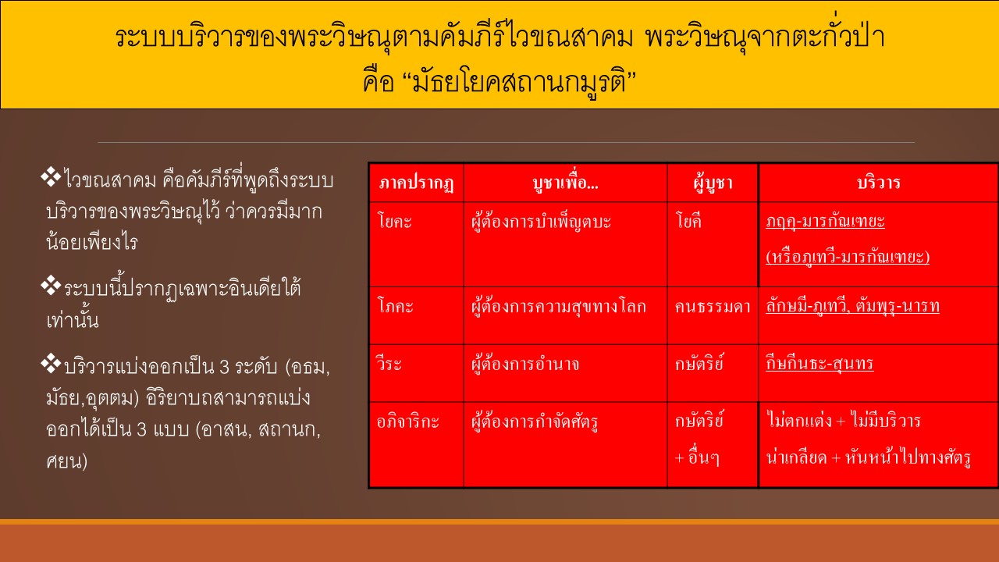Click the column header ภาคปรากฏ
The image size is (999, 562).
[416, 183]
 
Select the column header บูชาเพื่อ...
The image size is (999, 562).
[565, 183]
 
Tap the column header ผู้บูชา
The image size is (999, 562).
[713, 183]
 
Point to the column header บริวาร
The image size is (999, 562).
[879, 182]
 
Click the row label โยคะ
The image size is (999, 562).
[394, 221]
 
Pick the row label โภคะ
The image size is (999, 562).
[395, 306]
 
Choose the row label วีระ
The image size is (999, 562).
[389, 363]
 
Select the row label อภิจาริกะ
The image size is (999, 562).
[407, 421]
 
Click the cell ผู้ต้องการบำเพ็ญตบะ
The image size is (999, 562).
[541, 222]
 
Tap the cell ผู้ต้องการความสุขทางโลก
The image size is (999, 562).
[558, 307]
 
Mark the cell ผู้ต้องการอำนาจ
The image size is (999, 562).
[525, 364]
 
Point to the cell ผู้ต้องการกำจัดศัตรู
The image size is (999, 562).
[535, 421]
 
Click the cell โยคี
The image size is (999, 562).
[688, 220]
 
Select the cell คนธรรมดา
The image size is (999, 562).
[713, 307]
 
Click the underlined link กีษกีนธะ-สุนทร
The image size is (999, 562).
[819, 363]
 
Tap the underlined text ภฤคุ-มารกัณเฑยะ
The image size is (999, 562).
[825, 221]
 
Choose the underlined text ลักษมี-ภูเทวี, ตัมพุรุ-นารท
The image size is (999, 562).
[852, 307]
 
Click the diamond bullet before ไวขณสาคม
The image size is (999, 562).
[51, 176]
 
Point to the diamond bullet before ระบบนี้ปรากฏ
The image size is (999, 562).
[51, 286]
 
